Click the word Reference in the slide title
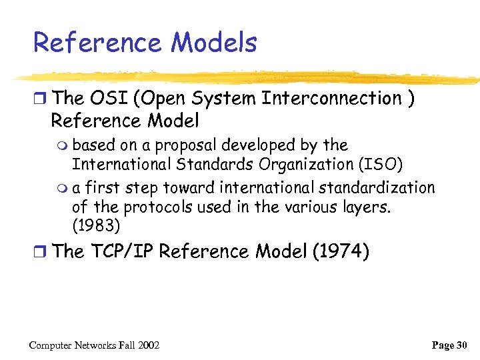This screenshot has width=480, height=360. click(97, 43)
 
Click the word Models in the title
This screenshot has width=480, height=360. click(213, 43)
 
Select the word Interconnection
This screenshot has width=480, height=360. click(331, 99)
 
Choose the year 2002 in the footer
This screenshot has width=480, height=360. click(147, 345)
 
